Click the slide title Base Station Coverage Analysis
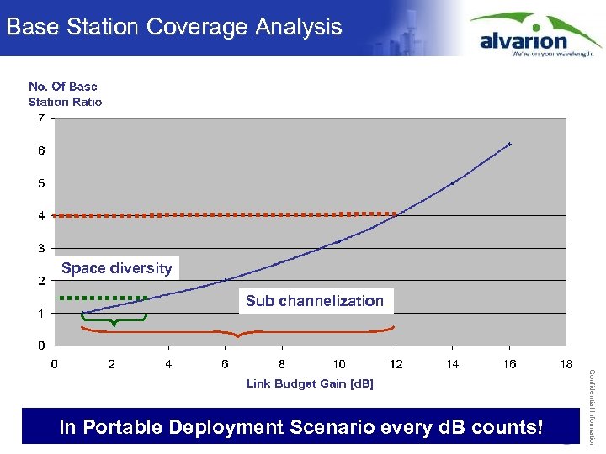coord(174,27)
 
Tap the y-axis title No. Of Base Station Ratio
coord(65,94)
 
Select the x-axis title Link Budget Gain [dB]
coord(310,383)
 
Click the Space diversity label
coord(116,268)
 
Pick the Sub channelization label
coord(315,301)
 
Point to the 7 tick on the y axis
coord(41,119)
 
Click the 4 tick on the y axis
coord(41,216)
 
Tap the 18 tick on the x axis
coord(566,364)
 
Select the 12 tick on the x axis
coord(396,364)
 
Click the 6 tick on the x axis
coord(225,364)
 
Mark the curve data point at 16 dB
coord(509,145)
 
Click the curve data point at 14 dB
coord(453,183)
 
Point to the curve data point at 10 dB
coord(338,241)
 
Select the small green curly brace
coord(114,319)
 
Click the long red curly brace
coord(238,332)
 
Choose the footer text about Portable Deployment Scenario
coord(300,427)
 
